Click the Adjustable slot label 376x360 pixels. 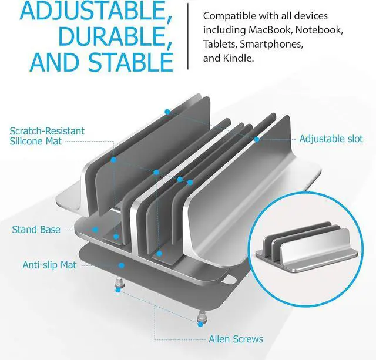click(x=331, y=139)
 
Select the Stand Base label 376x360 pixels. click(x=36, y=230)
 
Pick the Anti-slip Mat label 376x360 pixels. click(x=49, y=265)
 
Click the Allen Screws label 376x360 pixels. click(x=236, y=339)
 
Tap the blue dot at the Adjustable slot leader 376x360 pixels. click(x=257, y=140)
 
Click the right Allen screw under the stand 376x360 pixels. click(x=201, y=320)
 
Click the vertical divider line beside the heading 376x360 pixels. click(x=188, y=36)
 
